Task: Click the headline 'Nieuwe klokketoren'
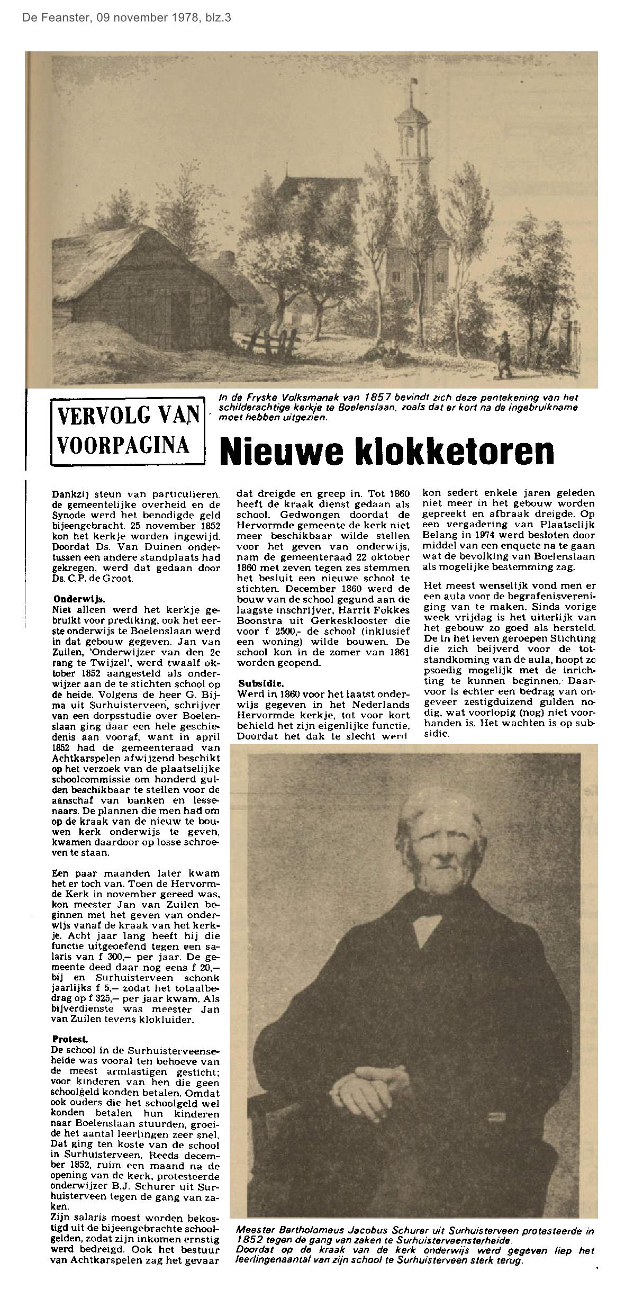tap(387, 450)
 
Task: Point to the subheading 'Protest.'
tap(66, 1039)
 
